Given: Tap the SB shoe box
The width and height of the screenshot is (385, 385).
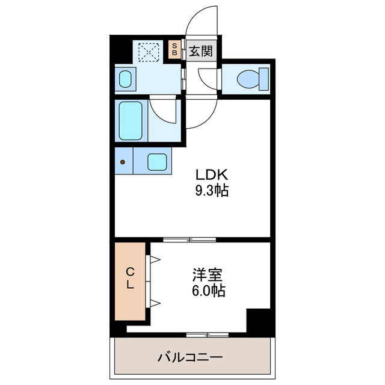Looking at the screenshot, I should pyautogui.click(x=174, y=49).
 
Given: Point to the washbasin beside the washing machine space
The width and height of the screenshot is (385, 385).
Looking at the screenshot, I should pyautogui.click(x=126, y=79).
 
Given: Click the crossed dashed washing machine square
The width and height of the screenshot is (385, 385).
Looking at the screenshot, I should pyautogui.click(x=147, y=52).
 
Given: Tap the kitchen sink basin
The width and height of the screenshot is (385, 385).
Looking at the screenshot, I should pyautogui.click(x=158, y=161).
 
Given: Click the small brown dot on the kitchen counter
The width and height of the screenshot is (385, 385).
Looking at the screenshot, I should pyautogui.click(x=123, y=162).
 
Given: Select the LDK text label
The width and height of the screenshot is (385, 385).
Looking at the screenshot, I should pyautogui.click(x=210, y=176).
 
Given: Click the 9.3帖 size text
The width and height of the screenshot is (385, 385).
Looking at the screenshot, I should pyautogui.click(x=210, y=192).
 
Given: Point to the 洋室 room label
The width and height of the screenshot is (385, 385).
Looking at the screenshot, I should pyautogui.click(x=208, y=276).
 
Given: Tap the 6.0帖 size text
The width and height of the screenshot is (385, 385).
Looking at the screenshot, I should pyautogui.click(x=208, y=292).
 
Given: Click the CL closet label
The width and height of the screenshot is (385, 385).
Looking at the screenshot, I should pyautogui.click(x=129, y=279).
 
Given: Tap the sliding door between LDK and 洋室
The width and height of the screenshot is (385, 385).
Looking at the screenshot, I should pyautogui.click(x=189, y=239).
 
